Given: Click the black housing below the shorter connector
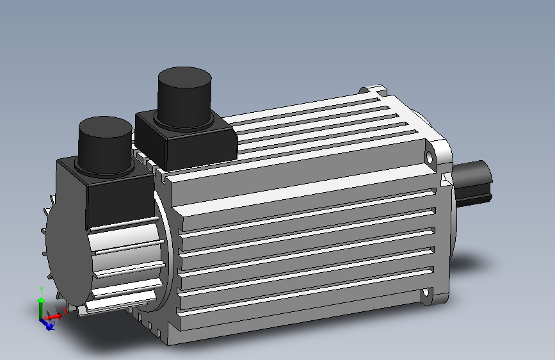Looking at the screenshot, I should point(109,195).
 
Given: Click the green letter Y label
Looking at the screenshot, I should point(41,290).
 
